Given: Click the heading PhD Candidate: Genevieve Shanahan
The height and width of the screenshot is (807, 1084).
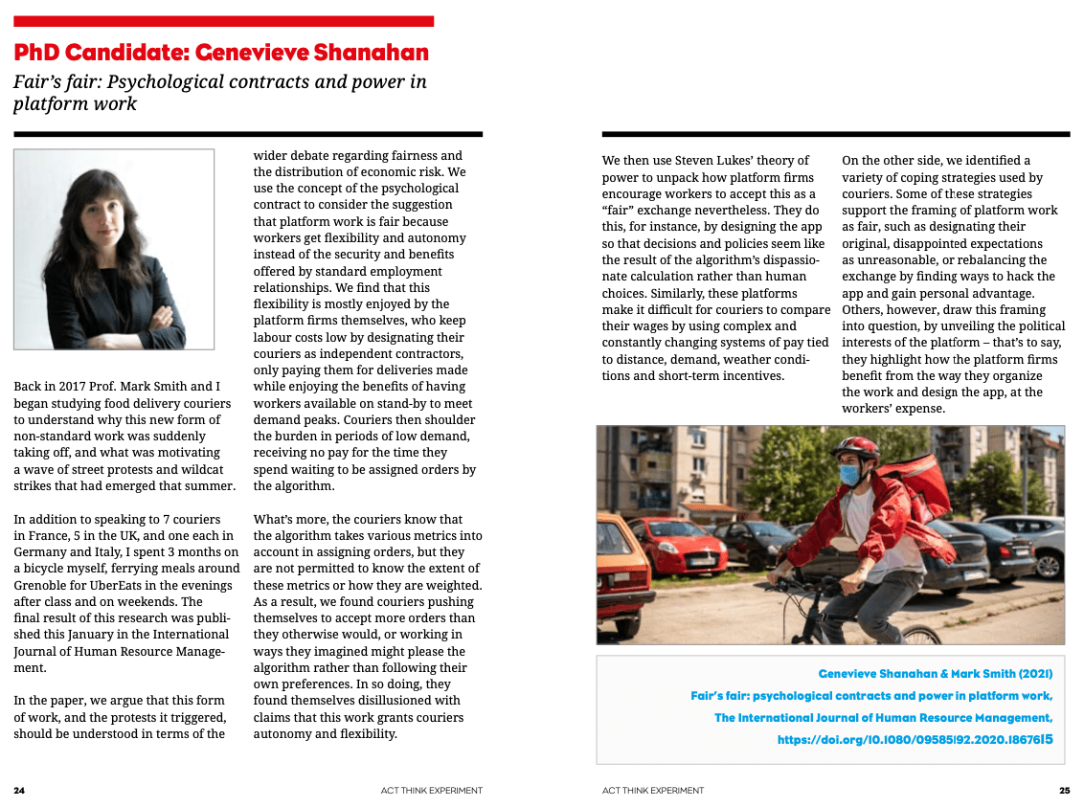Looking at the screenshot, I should click(x=221, y=52).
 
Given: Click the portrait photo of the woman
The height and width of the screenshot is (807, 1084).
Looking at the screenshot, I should click(x=114, y=249).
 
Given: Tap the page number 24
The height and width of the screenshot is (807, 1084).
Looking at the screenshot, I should click(x=19, y=791).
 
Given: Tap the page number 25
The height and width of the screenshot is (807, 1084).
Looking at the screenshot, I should click(x=1064, y=791).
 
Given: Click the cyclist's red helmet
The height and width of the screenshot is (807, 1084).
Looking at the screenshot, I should click(x=854, y=448).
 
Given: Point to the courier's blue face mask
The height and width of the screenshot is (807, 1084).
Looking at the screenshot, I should click(x=848, y=473).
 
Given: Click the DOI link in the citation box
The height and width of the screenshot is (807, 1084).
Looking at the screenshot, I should click(x=915, y=739).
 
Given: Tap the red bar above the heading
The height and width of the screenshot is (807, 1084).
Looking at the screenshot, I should click(x=223, y=21).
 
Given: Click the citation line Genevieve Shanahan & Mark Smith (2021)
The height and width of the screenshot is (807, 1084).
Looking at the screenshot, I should click(x=936, y=674).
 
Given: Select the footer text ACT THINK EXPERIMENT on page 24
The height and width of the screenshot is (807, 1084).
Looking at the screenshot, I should click(x=431, y=791).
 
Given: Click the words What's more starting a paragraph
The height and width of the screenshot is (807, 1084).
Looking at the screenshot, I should click(x=287, y=520).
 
